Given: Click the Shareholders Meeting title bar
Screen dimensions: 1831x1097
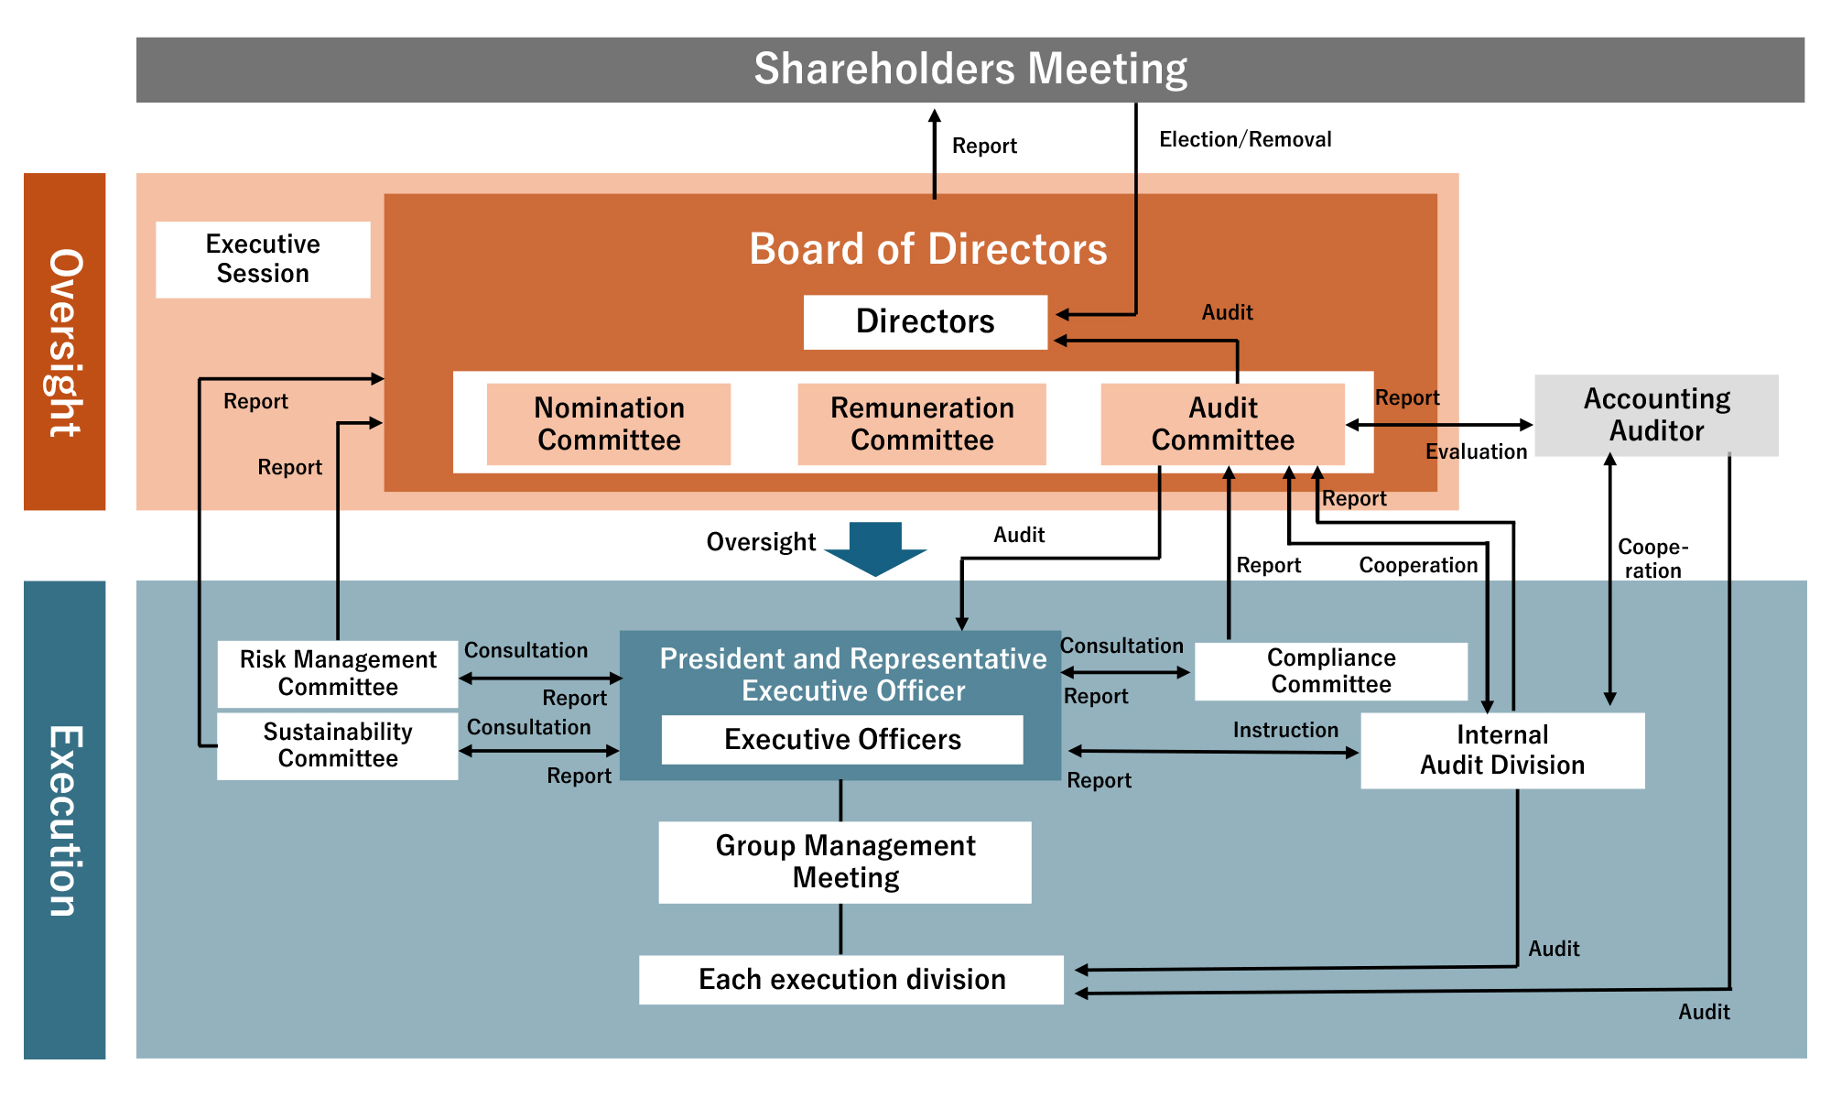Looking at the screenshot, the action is click(970, 70).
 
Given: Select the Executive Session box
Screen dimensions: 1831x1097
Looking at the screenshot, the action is click(263, 259).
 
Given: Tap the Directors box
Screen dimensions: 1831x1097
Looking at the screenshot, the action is click(926, 321).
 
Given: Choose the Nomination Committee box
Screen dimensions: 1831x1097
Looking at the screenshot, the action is click(609, 424).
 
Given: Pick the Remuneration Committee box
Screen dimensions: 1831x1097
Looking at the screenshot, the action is click(922, 424).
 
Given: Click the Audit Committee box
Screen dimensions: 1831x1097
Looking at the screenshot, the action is click(1222, 424).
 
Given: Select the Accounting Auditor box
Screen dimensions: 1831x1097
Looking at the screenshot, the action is click(1656, 415).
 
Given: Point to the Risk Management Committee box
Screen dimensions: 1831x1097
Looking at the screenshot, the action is click(338, 674).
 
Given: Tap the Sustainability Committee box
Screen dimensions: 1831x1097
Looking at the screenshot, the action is click(338, 745).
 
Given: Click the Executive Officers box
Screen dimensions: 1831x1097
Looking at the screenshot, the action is click(842, 740).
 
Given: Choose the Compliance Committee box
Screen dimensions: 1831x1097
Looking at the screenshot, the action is click(1331, 671).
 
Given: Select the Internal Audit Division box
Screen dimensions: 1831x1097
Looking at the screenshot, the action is click(1502, 750).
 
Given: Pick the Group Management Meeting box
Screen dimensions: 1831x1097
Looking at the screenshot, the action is click(845, 862).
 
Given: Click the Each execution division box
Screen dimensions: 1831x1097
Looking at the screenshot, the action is click(851, 980).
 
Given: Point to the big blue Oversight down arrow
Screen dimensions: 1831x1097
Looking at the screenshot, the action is click(875, 548).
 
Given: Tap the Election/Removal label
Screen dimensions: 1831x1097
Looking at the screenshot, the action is click(1245, 139).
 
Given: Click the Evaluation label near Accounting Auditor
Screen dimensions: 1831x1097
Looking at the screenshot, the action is click(1476, 451).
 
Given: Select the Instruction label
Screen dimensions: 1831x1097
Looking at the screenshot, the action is click(1285, 730).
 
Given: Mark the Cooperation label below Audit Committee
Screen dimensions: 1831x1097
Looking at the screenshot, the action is click(1418, 565).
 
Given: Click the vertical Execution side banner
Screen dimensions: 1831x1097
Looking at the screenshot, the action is click(64, 820).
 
